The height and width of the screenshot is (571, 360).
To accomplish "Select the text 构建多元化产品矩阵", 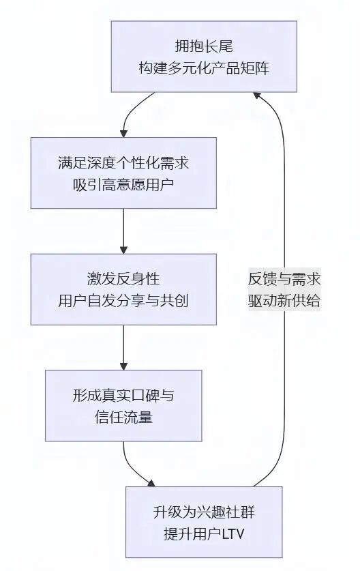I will (205, 68).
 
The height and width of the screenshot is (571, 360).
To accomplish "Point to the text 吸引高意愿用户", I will (123, 185).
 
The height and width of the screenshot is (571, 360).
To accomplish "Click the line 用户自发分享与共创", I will (123, 301).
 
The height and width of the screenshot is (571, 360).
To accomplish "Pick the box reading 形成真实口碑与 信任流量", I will (123, 405).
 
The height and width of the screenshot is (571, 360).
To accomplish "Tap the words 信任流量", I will (123, 418).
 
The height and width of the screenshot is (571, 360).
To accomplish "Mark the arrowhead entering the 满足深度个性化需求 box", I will (123, 132).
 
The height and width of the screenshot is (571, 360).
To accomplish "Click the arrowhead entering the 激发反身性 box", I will (123, 249).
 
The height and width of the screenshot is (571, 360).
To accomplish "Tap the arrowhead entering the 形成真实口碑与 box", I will (123, 366).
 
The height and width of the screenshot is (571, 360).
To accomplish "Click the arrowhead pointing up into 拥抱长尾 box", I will (259, 97).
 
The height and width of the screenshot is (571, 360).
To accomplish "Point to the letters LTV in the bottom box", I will (232, 534).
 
